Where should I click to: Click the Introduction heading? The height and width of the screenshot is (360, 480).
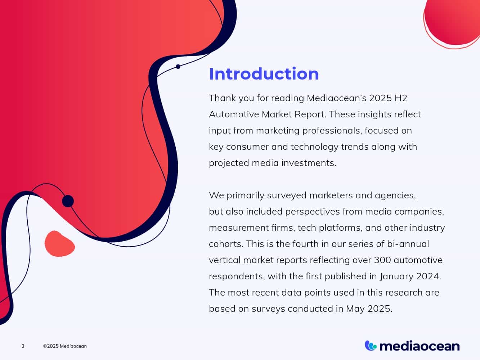(264, 74)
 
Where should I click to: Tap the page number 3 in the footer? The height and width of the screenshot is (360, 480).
(23, 346)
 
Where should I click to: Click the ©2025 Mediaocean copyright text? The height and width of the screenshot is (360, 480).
(65, 346)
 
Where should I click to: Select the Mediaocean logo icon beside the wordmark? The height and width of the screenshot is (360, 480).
(371, 346)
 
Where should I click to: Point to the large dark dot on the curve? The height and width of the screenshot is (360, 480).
(68, 201)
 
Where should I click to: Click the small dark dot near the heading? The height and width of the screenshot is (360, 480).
(178, 67)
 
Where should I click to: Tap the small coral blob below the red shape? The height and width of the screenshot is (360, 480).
(59, 243)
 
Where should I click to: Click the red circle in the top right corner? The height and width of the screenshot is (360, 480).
(452, 22)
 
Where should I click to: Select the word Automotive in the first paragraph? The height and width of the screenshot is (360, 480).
(234, 114)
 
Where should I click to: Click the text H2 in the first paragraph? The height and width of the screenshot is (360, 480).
(401, 98)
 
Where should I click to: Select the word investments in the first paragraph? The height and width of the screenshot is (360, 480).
(309, 163)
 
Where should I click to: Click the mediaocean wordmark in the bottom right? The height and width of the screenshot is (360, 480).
(420, 346)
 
